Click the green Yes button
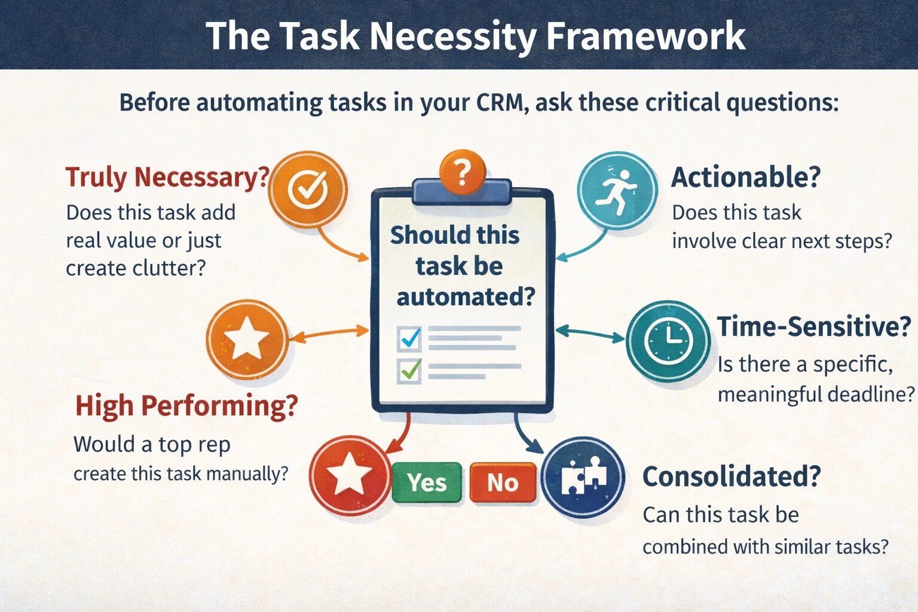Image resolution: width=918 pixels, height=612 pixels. [427, 482]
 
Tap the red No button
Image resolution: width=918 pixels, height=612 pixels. [503, 482]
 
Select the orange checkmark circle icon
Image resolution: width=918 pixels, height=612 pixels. [307, 191]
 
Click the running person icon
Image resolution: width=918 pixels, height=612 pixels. [617, 191]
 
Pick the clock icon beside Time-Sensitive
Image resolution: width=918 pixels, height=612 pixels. [668, 341]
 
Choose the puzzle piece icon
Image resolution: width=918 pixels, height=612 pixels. [583, 477]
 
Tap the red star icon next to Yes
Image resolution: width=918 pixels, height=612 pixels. [350, 475]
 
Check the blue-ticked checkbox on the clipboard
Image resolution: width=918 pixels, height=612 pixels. [409, 339]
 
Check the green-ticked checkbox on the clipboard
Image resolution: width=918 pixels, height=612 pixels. [409, 371]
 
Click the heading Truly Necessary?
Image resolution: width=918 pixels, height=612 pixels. [167, 178]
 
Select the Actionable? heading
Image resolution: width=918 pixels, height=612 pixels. [745, 178]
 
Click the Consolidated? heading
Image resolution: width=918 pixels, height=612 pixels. [731, 476]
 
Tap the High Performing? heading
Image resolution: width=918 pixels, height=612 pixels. [186, 406]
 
